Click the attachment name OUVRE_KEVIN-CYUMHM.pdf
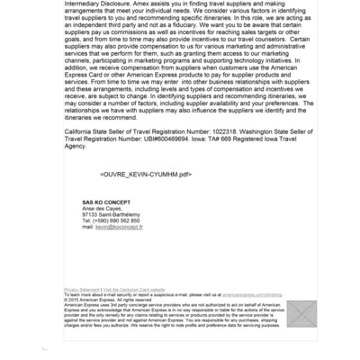146,174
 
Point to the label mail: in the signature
87,227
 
